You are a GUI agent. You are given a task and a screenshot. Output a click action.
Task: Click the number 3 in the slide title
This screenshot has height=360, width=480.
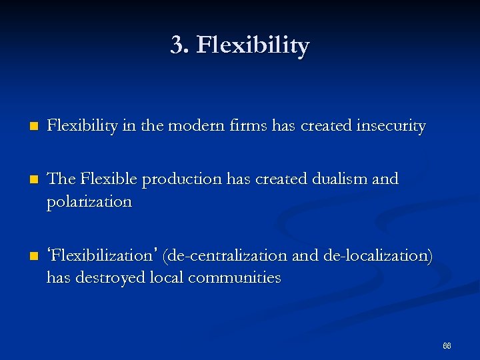pyautogui.click(x=177, y=46)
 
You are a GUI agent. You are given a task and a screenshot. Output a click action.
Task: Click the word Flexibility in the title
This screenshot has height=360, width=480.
pyautogui.click(x=253, y=46)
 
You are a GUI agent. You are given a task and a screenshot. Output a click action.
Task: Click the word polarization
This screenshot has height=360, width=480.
pyautogui.click(x=89, y=201)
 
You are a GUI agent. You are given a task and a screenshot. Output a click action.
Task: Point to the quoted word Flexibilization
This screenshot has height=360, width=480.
pyautogui.click(x=103, y=255)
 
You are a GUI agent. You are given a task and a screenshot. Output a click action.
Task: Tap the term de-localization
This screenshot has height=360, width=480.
pyautogui.click(x=377, y=255)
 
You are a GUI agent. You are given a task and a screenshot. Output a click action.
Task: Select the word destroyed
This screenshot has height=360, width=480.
pyautogui.click(x=106, y=277)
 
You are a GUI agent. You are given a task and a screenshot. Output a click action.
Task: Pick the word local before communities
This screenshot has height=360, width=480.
pyautogui.click(x=166, y=277)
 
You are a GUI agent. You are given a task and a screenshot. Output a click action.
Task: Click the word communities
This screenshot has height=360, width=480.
pyautogui.click(x=234, y=277)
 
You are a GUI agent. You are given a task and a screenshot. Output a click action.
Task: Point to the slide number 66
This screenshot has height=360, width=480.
pyautogui.click(x=447, y=346)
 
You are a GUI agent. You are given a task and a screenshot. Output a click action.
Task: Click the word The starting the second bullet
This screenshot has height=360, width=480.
pyautogui.click(x=62, y=179)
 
